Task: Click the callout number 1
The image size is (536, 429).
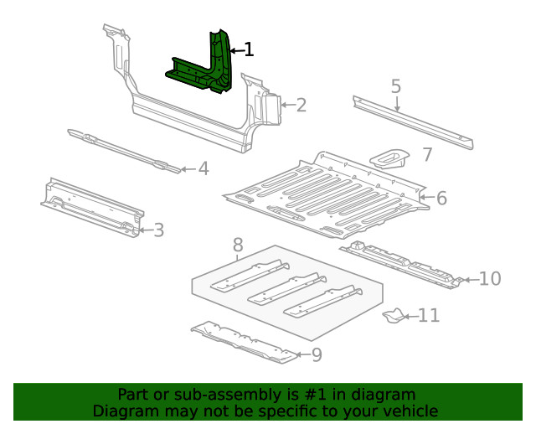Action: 247,50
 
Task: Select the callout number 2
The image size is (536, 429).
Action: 301,105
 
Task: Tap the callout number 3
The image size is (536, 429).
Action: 158,230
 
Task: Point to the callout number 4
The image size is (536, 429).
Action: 203,169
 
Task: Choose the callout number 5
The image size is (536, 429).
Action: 396,86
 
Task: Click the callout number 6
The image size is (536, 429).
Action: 441,198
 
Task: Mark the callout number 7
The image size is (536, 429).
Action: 427,154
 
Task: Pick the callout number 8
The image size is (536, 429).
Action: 238,245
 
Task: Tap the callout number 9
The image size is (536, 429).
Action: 316,354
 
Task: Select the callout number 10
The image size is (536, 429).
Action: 489,278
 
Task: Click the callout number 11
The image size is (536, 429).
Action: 428,315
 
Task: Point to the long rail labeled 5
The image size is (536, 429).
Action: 410,119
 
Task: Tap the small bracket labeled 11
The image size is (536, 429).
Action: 392,316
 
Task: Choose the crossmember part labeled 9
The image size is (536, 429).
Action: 243,342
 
